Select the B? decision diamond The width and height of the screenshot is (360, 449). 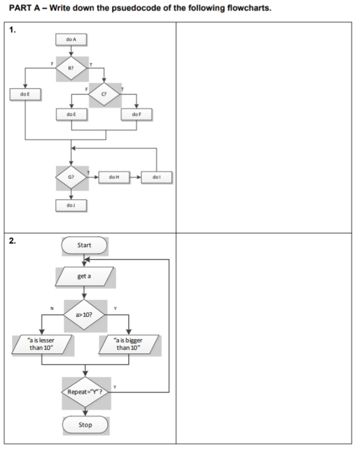[x=70, y=68]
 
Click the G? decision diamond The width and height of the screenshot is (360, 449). [x=70, y=176]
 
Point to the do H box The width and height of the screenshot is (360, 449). [x=114, y=176]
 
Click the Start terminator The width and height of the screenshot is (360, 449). [x=84, y=244]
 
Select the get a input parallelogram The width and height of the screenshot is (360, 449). [x=84, y=276]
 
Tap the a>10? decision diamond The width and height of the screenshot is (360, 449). [x=84, y=314]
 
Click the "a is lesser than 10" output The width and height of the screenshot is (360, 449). [x=41, y=343]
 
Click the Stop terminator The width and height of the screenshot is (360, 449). [x=84, y=424]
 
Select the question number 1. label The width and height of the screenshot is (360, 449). [x=12, y=29]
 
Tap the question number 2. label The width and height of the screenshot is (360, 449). [x=12, y=241]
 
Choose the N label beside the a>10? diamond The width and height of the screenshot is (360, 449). [x=52, y=308]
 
